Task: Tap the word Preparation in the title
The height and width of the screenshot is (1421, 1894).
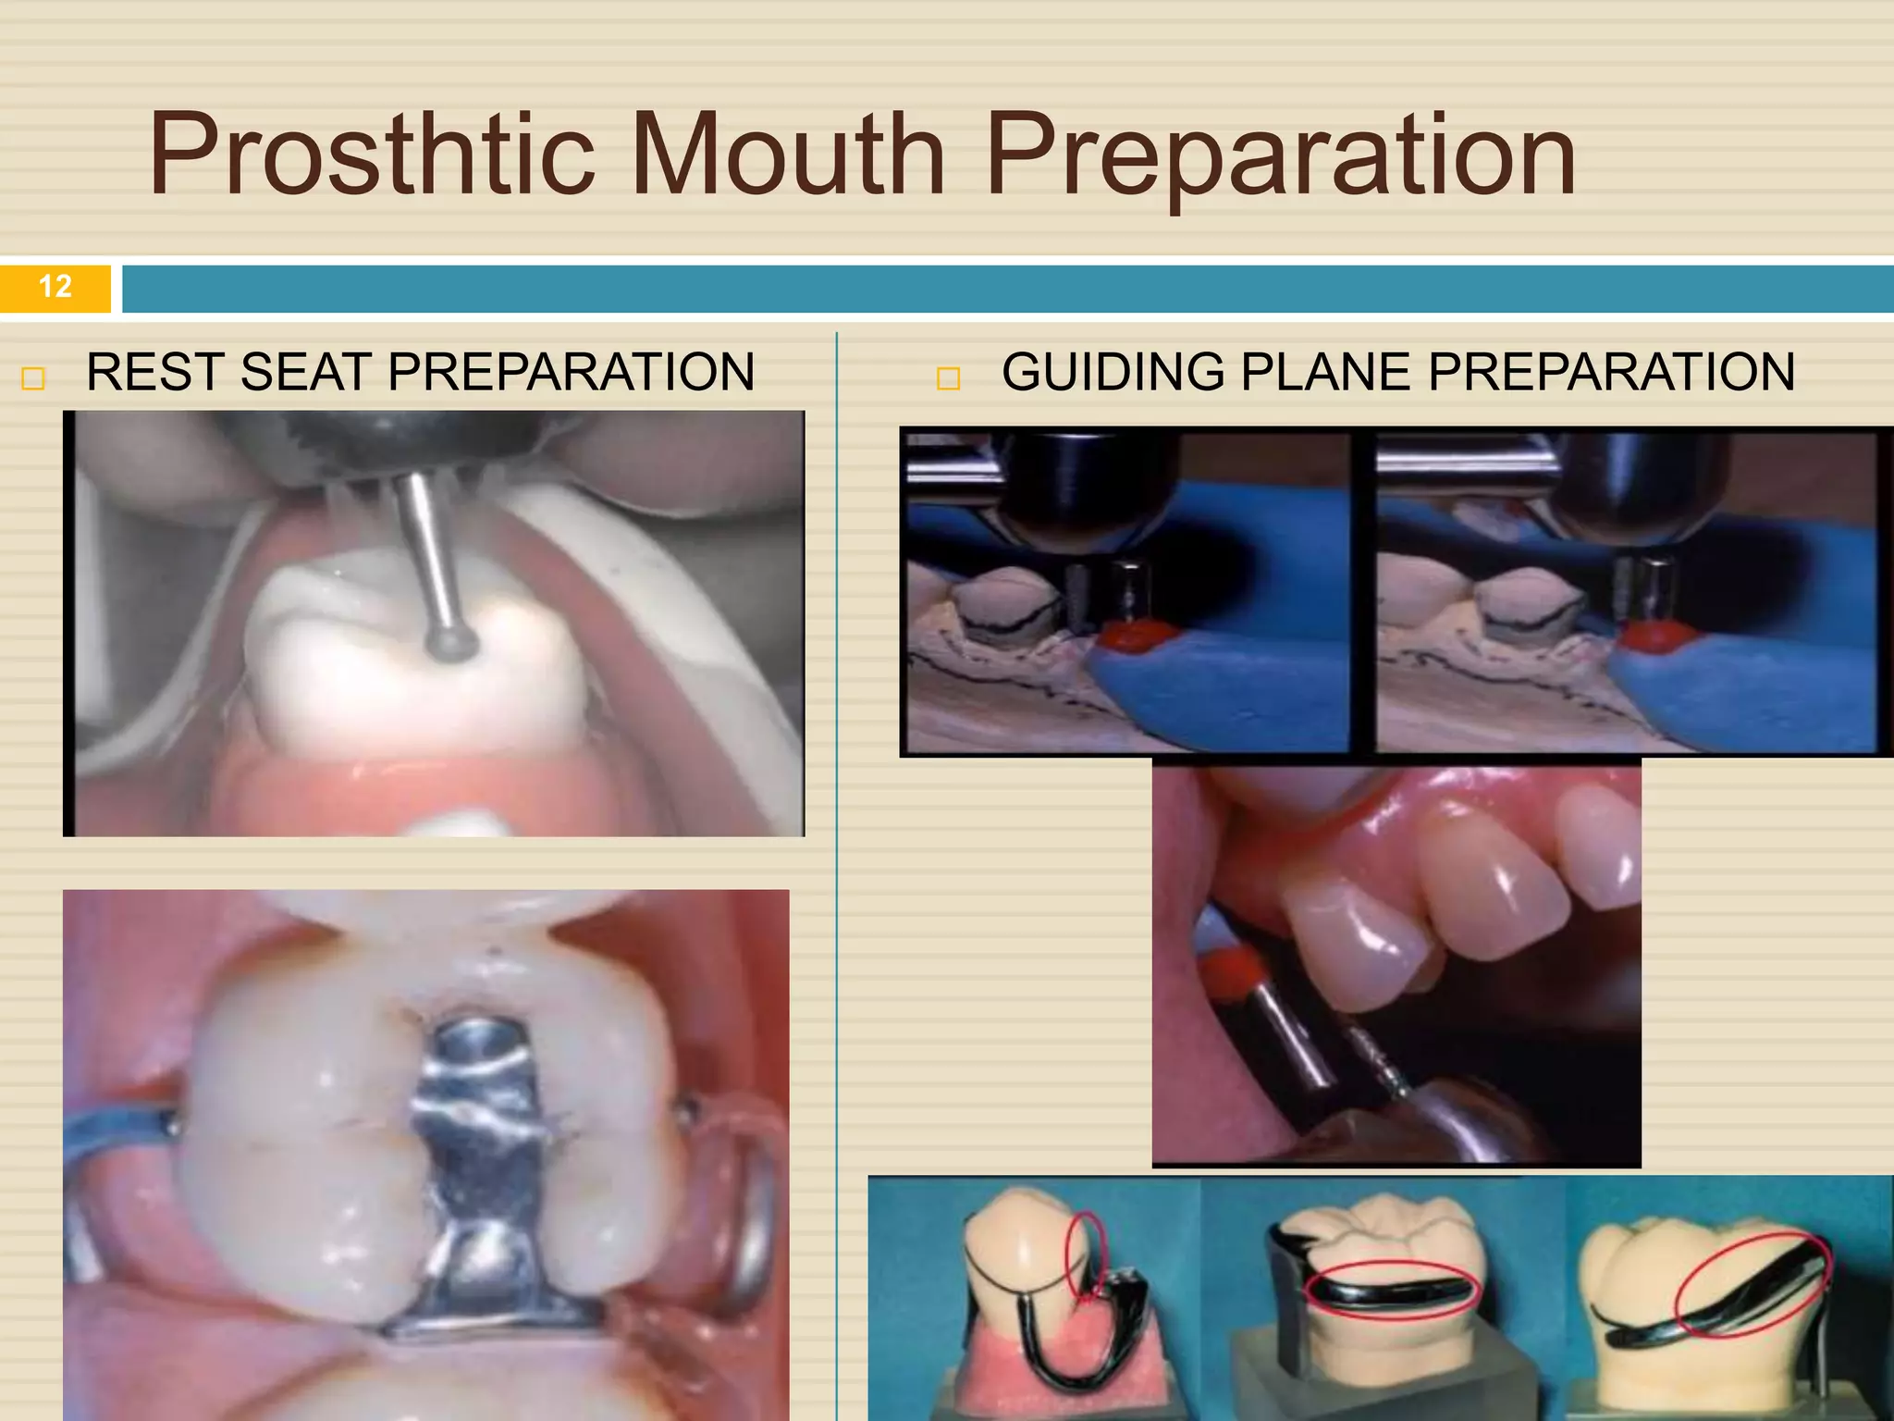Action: click(x=1280, y=154)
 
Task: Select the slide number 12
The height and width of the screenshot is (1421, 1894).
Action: click(x=55, y=287)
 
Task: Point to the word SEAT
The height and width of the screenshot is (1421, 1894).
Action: click(x=306, y=372)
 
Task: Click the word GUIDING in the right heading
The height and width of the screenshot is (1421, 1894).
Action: click(x=1113, y=372)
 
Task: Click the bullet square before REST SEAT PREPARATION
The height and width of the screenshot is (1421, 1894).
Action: click(x=33, y=378)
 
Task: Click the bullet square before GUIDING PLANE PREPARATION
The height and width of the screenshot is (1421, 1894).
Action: click(x=949, y=378)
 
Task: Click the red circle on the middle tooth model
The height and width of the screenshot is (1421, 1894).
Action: click(x=1393, y=1287)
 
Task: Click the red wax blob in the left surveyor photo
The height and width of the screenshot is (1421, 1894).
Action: click(x=1136, y=636)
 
